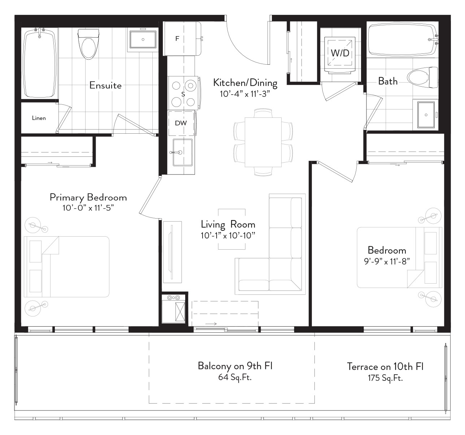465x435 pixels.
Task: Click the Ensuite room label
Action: click(105, 85)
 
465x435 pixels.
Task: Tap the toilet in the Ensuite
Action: click(88, 44)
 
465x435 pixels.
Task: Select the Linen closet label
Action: click(39, 118)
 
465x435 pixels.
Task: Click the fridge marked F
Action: click(182, 39)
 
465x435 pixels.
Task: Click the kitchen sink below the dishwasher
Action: click(183, 152)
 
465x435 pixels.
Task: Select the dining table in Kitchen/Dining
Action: click(263, 142)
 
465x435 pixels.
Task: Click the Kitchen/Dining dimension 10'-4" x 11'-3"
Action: click(245, 94)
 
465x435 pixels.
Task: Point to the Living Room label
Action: click(228, 224)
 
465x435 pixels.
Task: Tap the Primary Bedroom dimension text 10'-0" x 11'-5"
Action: click(88, 208)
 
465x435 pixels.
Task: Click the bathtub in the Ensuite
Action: click(40, 63)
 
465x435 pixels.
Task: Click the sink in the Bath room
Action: click(426, 115)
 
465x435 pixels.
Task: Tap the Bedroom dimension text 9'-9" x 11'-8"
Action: click(387, 261)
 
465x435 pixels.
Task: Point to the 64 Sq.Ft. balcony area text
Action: click(235, 377)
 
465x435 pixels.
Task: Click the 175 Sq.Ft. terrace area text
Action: click(385, 378)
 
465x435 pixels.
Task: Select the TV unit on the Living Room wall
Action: click(172, 252)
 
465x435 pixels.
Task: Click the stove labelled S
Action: click(183, 94)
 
